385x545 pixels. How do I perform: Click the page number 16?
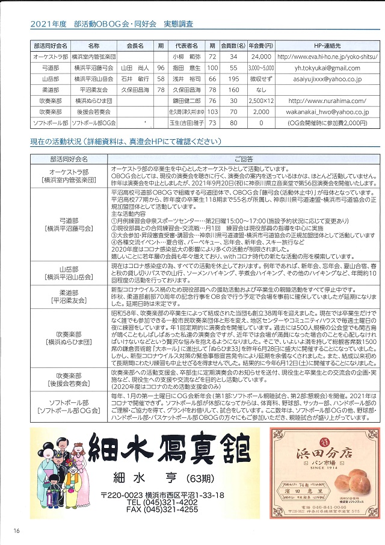pyautogui.click(x=16, y=531)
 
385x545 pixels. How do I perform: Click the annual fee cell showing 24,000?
pyautogui.click(x=260, y=57)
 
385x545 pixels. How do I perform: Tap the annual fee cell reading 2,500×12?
pyautogui.click(x=260, y=101)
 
